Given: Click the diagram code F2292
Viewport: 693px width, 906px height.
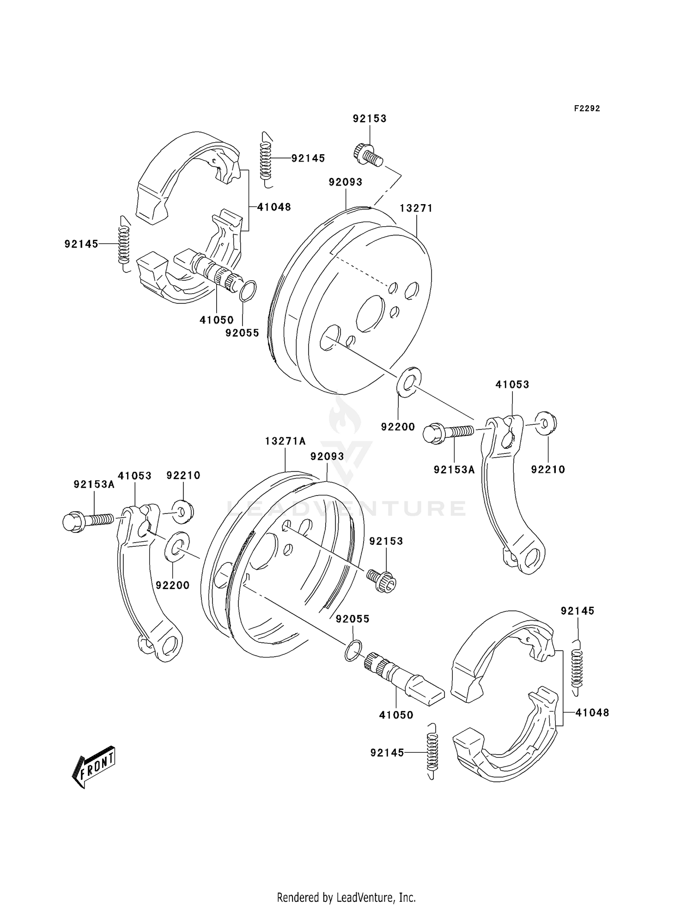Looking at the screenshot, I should click(587, 109).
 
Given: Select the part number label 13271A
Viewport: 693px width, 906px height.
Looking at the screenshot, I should click(285, 441).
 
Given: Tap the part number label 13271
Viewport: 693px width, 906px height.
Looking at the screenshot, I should click(416, 208).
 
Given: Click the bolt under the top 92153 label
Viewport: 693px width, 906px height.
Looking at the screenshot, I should click(368, 156).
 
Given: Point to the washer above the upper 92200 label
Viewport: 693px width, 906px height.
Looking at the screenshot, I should click(409, 381).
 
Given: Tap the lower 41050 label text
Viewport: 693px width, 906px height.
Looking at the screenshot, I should click(396, 715).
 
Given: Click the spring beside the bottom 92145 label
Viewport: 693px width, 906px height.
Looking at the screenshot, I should click(432, 752).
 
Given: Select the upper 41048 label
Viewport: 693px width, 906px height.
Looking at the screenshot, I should click(274, 207).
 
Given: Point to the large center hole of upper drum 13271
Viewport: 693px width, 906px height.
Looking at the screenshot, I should click(371, 314).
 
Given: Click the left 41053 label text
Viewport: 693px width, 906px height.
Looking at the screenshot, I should click(134, 476).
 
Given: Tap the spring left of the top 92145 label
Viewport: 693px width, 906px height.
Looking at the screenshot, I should click(266, 159).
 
